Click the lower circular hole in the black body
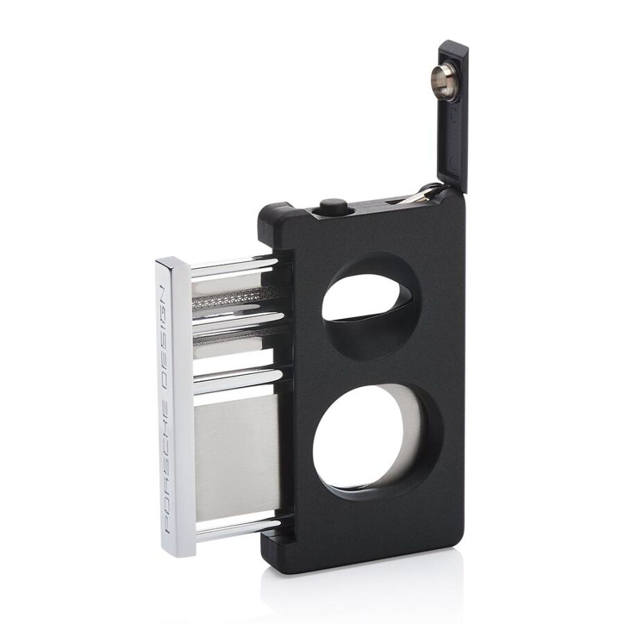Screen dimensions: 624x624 point(378,442)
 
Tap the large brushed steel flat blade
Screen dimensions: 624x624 point(237,458)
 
